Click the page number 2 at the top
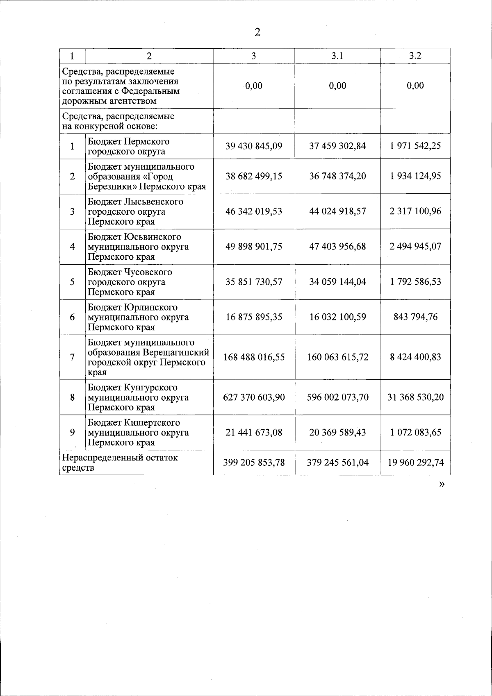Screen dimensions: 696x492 pyautogui.click(x=257, y=32)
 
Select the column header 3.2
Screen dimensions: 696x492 pyautogui.click(x=415, y=56)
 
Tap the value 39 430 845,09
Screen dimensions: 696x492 pyautogui.click(x=254, y=146)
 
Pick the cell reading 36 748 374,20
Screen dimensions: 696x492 pyautogui.click(x=337, y=176)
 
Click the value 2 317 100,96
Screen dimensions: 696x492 pyautogui.click(x=415, y=211)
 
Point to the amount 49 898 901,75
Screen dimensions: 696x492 pyautogui.click(x=254, y=247)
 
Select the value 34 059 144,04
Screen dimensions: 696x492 pyautogui.click(x=337, y=282)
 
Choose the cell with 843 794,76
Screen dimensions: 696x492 pyautogui.click(x=415, y=317)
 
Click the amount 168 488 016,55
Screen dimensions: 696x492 pyautogui.click(x=254, y=357)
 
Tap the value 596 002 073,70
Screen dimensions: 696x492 pyautogui.click(x=337, y=397)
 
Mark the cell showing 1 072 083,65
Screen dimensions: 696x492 pyautogui.click(x=415, y=433)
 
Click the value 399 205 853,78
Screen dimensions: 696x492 pyautogui.click(x=254, y=463)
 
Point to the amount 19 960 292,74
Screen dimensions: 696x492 pyautogui.click(x=415, y=463)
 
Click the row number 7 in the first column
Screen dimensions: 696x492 pyautogui.click(x=72, y=357)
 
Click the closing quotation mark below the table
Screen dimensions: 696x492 pyautogui.click(x=442, y=485)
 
